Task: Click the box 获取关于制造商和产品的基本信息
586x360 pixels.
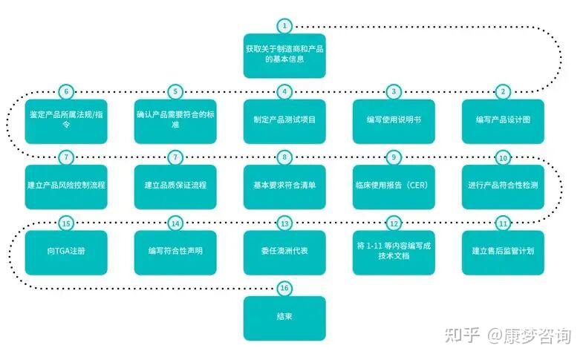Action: coord(284,56)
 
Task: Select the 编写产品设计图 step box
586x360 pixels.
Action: coord(503,121)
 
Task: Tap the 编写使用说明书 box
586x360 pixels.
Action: coord(394,121)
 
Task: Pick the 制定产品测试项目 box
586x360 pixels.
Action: coord(284,121)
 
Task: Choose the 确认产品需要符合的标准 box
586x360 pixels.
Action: coord(175,121)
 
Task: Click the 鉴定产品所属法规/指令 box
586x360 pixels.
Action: coord(66,121)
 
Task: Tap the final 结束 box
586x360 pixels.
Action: coord(284,318)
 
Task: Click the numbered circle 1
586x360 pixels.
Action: coord(284,26)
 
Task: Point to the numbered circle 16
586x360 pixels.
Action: coord(284,288)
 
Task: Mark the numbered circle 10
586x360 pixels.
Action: coord(503,157)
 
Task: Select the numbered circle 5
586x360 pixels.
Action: coord(175,92)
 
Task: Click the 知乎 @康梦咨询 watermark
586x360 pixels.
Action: coord(508,336)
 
